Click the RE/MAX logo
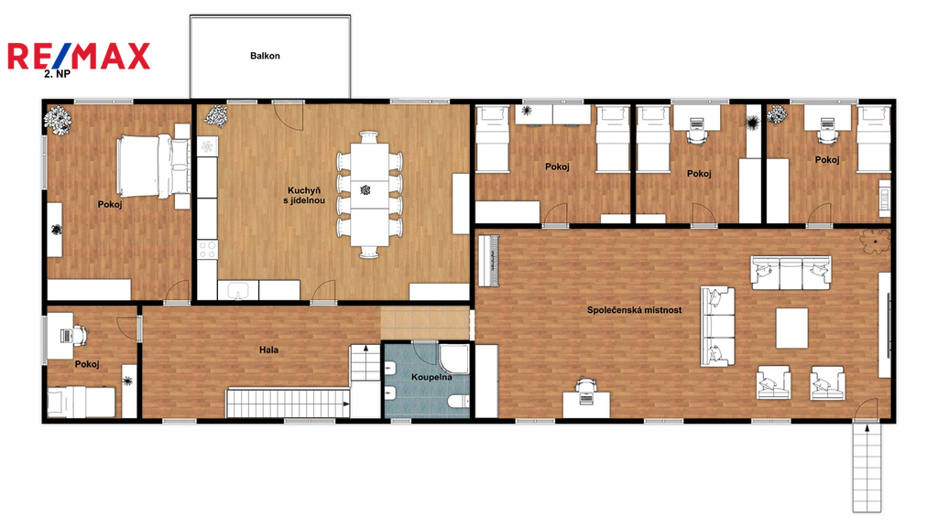click(79, 57)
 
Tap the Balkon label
click(265, 56)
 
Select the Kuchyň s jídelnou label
click(304, 196)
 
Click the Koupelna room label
click(431, 377)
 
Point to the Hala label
click(268, 350)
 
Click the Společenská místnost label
click(634, 310)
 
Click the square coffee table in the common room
click(792, 328)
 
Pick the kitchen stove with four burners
click(207, 249)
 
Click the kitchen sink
click(238, 290)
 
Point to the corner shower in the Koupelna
click(455, 359)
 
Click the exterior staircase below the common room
click(867, 467)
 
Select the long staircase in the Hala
click(288, 403)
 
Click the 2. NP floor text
click(57, 74)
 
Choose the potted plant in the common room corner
click(875, 242)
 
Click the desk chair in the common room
click(584, 387)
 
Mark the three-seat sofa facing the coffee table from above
click(791, 272)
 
